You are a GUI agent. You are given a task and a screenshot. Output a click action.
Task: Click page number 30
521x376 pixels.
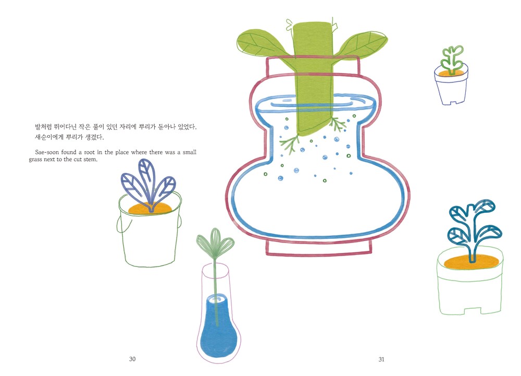[132, 359]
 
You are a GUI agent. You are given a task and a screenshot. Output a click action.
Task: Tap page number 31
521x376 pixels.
[381, 359]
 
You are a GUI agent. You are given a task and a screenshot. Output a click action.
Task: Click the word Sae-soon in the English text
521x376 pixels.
[47, 152]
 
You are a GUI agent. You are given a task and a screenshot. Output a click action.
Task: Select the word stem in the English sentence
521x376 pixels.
[90, 160]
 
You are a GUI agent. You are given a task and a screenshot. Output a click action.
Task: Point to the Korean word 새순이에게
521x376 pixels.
[49, 137]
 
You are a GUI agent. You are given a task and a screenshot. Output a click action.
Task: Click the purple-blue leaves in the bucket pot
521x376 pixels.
[148, 185]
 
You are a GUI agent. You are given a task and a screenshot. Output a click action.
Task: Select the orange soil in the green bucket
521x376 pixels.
[150, 209]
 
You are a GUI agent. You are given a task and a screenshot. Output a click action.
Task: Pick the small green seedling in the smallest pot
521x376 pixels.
[452, 60]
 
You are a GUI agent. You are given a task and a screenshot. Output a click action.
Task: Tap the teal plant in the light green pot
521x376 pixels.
[474, 229]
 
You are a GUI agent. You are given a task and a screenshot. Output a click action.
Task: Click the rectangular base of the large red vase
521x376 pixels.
[318, 248]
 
